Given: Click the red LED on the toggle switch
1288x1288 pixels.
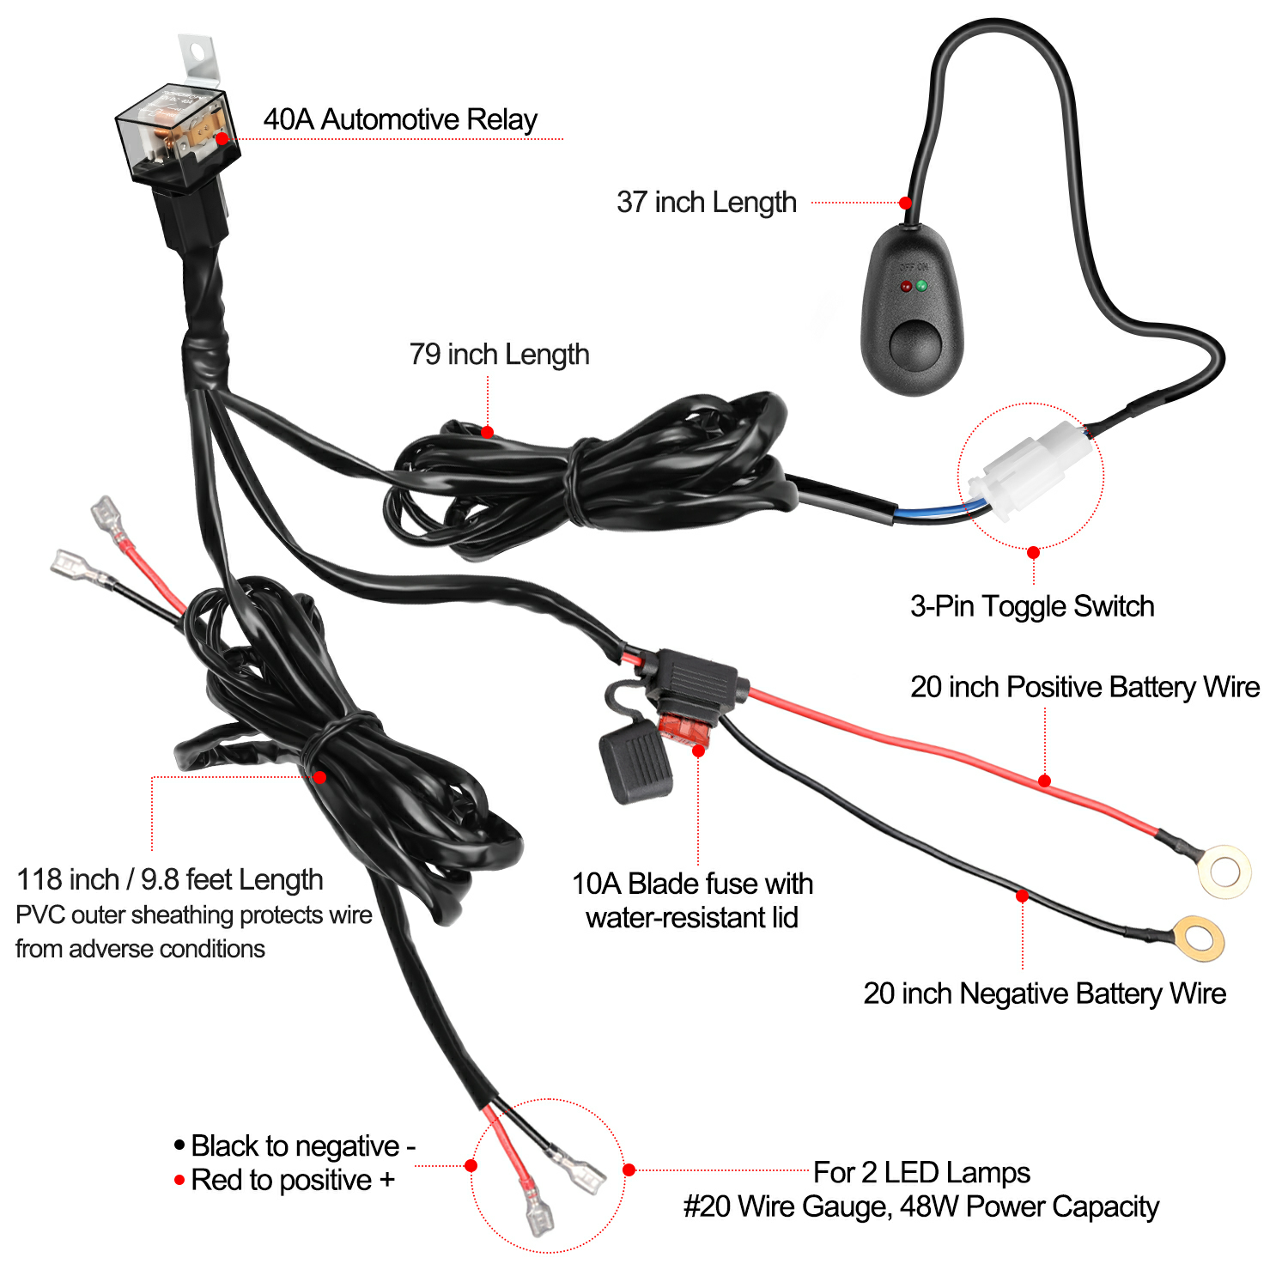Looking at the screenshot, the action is (x=906, y=286).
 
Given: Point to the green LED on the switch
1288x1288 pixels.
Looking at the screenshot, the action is (x=922, y=285).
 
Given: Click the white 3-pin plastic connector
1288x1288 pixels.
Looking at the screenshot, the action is (x=1030, y=468).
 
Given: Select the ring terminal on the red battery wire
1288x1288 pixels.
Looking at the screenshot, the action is (x=1223, y=872).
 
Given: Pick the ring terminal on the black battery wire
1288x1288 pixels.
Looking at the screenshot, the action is (x=1198, y=939).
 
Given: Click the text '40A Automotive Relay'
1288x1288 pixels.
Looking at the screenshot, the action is (x=400, y=119).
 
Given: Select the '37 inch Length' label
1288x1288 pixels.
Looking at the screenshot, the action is (x=707, y=203).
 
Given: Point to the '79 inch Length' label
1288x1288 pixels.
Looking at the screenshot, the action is (x=499, y=355).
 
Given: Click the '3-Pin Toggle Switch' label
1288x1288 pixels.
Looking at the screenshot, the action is (x=1032, y=606).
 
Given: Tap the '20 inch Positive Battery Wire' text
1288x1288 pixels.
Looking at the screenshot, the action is (x=1085, y=687).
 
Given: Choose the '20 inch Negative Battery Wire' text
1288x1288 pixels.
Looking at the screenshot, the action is (x=1045, y=993).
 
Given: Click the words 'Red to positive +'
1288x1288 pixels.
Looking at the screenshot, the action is (x=293, y=1180).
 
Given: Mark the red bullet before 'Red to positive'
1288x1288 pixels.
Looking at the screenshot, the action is (x=179, y=1180).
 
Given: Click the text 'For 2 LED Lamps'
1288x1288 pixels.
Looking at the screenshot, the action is (x=922, y=1172).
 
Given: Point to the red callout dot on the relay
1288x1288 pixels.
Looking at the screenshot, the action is (x=222, y=138).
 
